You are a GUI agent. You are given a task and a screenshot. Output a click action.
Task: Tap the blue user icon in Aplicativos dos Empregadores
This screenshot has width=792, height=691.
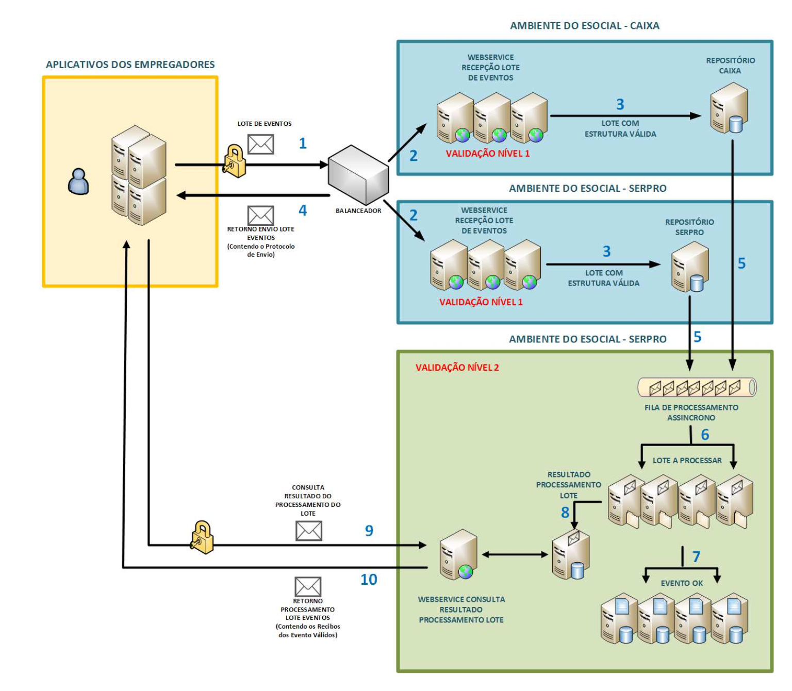78,182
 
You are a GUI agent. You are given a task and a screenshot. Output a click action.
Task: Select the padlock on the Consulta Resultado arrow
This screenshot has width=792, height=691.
202,537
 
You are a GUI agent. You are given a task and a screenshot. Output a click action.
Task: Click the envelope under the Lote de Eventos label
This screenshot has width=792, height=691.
260,144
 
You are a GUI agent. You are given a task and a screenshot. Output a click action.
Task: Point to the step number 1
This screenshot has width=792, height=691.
303,143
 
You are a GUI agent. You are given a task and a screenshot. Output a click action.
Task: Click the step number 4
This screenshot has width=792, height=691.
303,210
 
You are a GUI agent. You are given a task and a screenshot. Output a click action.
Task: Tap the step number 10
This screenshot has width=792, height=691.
369,580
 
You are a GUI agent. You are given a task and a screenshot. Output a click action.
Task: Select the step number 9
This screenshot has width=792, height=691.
369,531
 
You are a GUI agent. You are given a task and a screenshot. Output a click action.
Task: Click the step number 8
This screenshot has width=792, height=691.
565,513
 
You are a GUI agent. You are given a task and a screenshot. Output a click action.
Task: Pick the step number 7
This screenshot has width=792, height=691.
696,557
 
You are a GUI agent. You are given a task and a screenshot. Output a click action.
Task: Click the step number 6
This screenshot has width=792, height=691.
705,435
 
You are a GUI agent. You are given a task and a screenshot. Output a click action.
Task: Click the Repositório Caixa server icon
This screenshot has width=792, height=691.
729,108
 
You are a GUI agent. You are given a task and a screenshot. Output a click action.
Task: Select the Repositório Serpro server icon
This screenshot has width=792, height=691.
690,267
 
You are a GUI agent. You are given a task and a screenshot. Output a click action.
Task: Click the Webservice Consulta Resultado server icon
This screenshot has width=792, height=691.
458,555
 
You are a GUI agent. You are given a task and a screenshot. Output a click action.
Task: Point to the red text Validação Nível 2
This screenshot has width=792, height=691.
457,368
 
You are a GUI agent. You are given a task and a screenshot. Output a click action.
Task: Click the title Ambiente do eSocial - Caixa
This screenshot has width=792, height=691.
584,26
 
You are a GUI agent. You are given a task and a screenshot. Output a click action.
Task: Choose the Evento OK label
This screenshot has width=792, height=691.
682,583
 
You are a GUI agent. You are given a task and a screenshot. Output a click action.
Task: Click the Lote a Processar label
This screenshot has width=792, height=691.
687,460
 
